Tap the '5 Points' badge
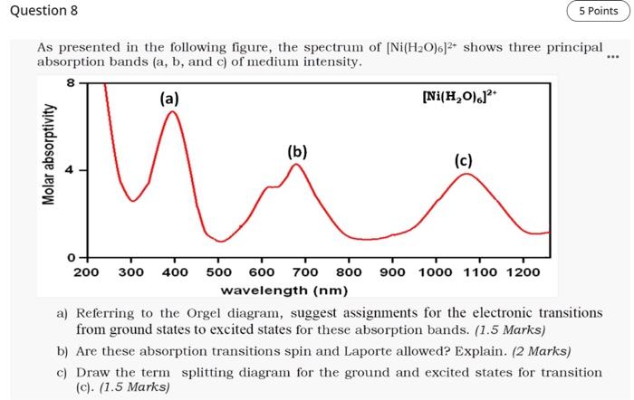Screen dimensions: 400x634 [598, 12]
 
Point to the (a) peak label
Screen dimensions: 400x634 [169, 98]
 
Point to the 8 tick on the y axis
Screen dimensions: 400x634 [70, 83]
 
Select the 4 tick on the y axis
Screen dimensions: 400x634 [70, 170]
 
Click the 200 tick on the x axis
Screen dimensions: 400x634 [86, 271]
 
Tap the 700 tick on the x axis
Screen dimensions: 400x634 [305, 271]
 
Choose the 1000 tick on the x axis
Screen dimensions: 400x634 [437, 271]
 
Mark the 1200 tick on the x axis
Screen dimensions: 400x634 [524, 271]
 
